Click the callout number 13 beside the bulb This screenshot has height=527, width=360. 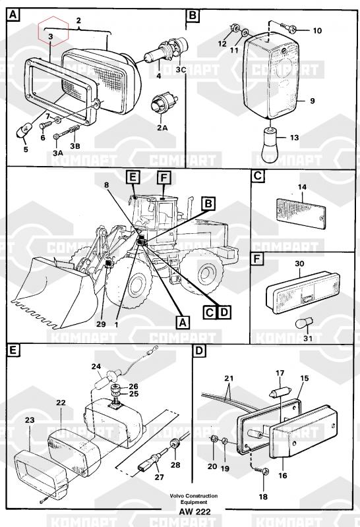pyautogui.click(x=294, y=138)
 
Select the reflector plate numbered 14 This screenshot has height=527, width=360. pyautogui.click(x=301, y=213)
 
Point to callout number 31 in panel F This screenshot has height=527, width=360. pyautogui.click(x=308, y=338)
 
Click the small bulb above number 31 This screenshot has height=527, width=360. pyautogui.click(x=301, y=324)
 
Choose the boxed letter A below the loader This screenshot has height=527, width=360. pyautogui.click(x=183, y=323)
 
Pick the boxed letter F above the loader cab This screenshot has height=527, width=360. pyautogui.click(x=164, y=177)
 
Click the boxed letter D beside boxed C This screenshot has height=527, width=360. pyautogui.click(x=224, y=312)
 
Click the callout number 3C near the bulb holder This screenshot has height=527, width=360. pyautogui.click(x=181, y=70)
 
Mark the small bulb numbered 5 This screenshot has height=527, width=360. pyautogui.click(x=24, y=130)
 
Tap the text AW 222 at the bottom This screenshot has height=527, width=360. pyautogui.click(x=195, y=512)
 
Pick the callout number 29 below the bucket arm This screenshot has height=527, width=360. pyautogui.click(x=101, y=324)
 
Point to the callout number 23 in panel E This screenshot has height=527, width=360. pyautogui.click(x=30, y=420)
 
